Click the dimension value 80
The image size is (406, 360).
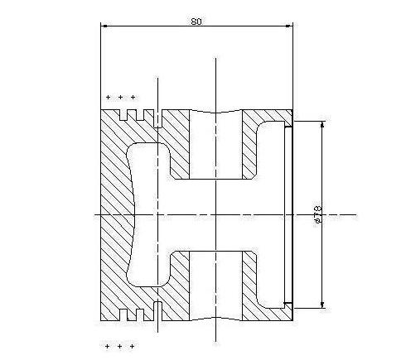[196, 22]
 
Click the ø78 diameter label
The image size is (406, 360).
[318, 214]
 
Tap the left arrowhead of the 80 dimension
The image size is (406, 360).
[104, 26]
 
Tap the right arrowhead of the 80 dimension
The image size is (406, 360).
[289, 26]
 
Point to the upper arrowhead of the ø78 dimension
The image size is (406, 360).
[322, 125]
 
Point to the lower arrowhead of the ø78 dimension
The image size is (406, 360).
[322, 305]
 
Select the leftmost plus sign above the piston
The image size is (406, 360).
[108, 97]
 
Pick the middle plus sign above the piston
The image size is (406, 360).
[120, 97]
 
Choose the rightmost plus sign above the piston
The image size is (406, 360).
[133, 97]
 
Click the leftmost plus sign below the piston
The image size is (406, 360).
[107, 346]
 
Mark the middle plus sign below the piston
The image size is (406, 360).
[119, 346]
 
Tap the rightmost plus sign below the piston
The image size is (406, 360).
[133, 346]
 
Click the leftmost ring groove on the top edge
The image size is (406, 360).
[123, 115]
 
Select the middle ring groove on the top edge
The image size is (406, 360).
[140, 115]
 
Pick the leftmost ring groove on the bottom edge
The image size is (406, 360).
[123, 314]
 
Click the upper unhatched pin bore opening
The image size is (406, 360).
[215, 145]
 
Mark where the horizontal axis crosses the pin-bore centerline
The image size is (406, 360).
[215, 214]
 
